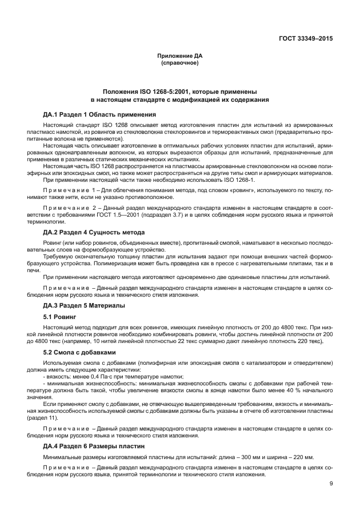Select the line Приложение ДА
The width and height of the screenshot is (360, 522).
[179, 55]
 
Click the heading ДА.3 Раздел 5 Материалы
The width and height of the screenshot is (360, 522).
[84, 305]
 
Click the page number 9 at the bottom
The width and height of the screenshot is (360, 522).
[331, 484]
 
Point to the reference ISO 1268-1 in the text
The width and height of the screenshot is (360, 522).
[245, 179]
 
